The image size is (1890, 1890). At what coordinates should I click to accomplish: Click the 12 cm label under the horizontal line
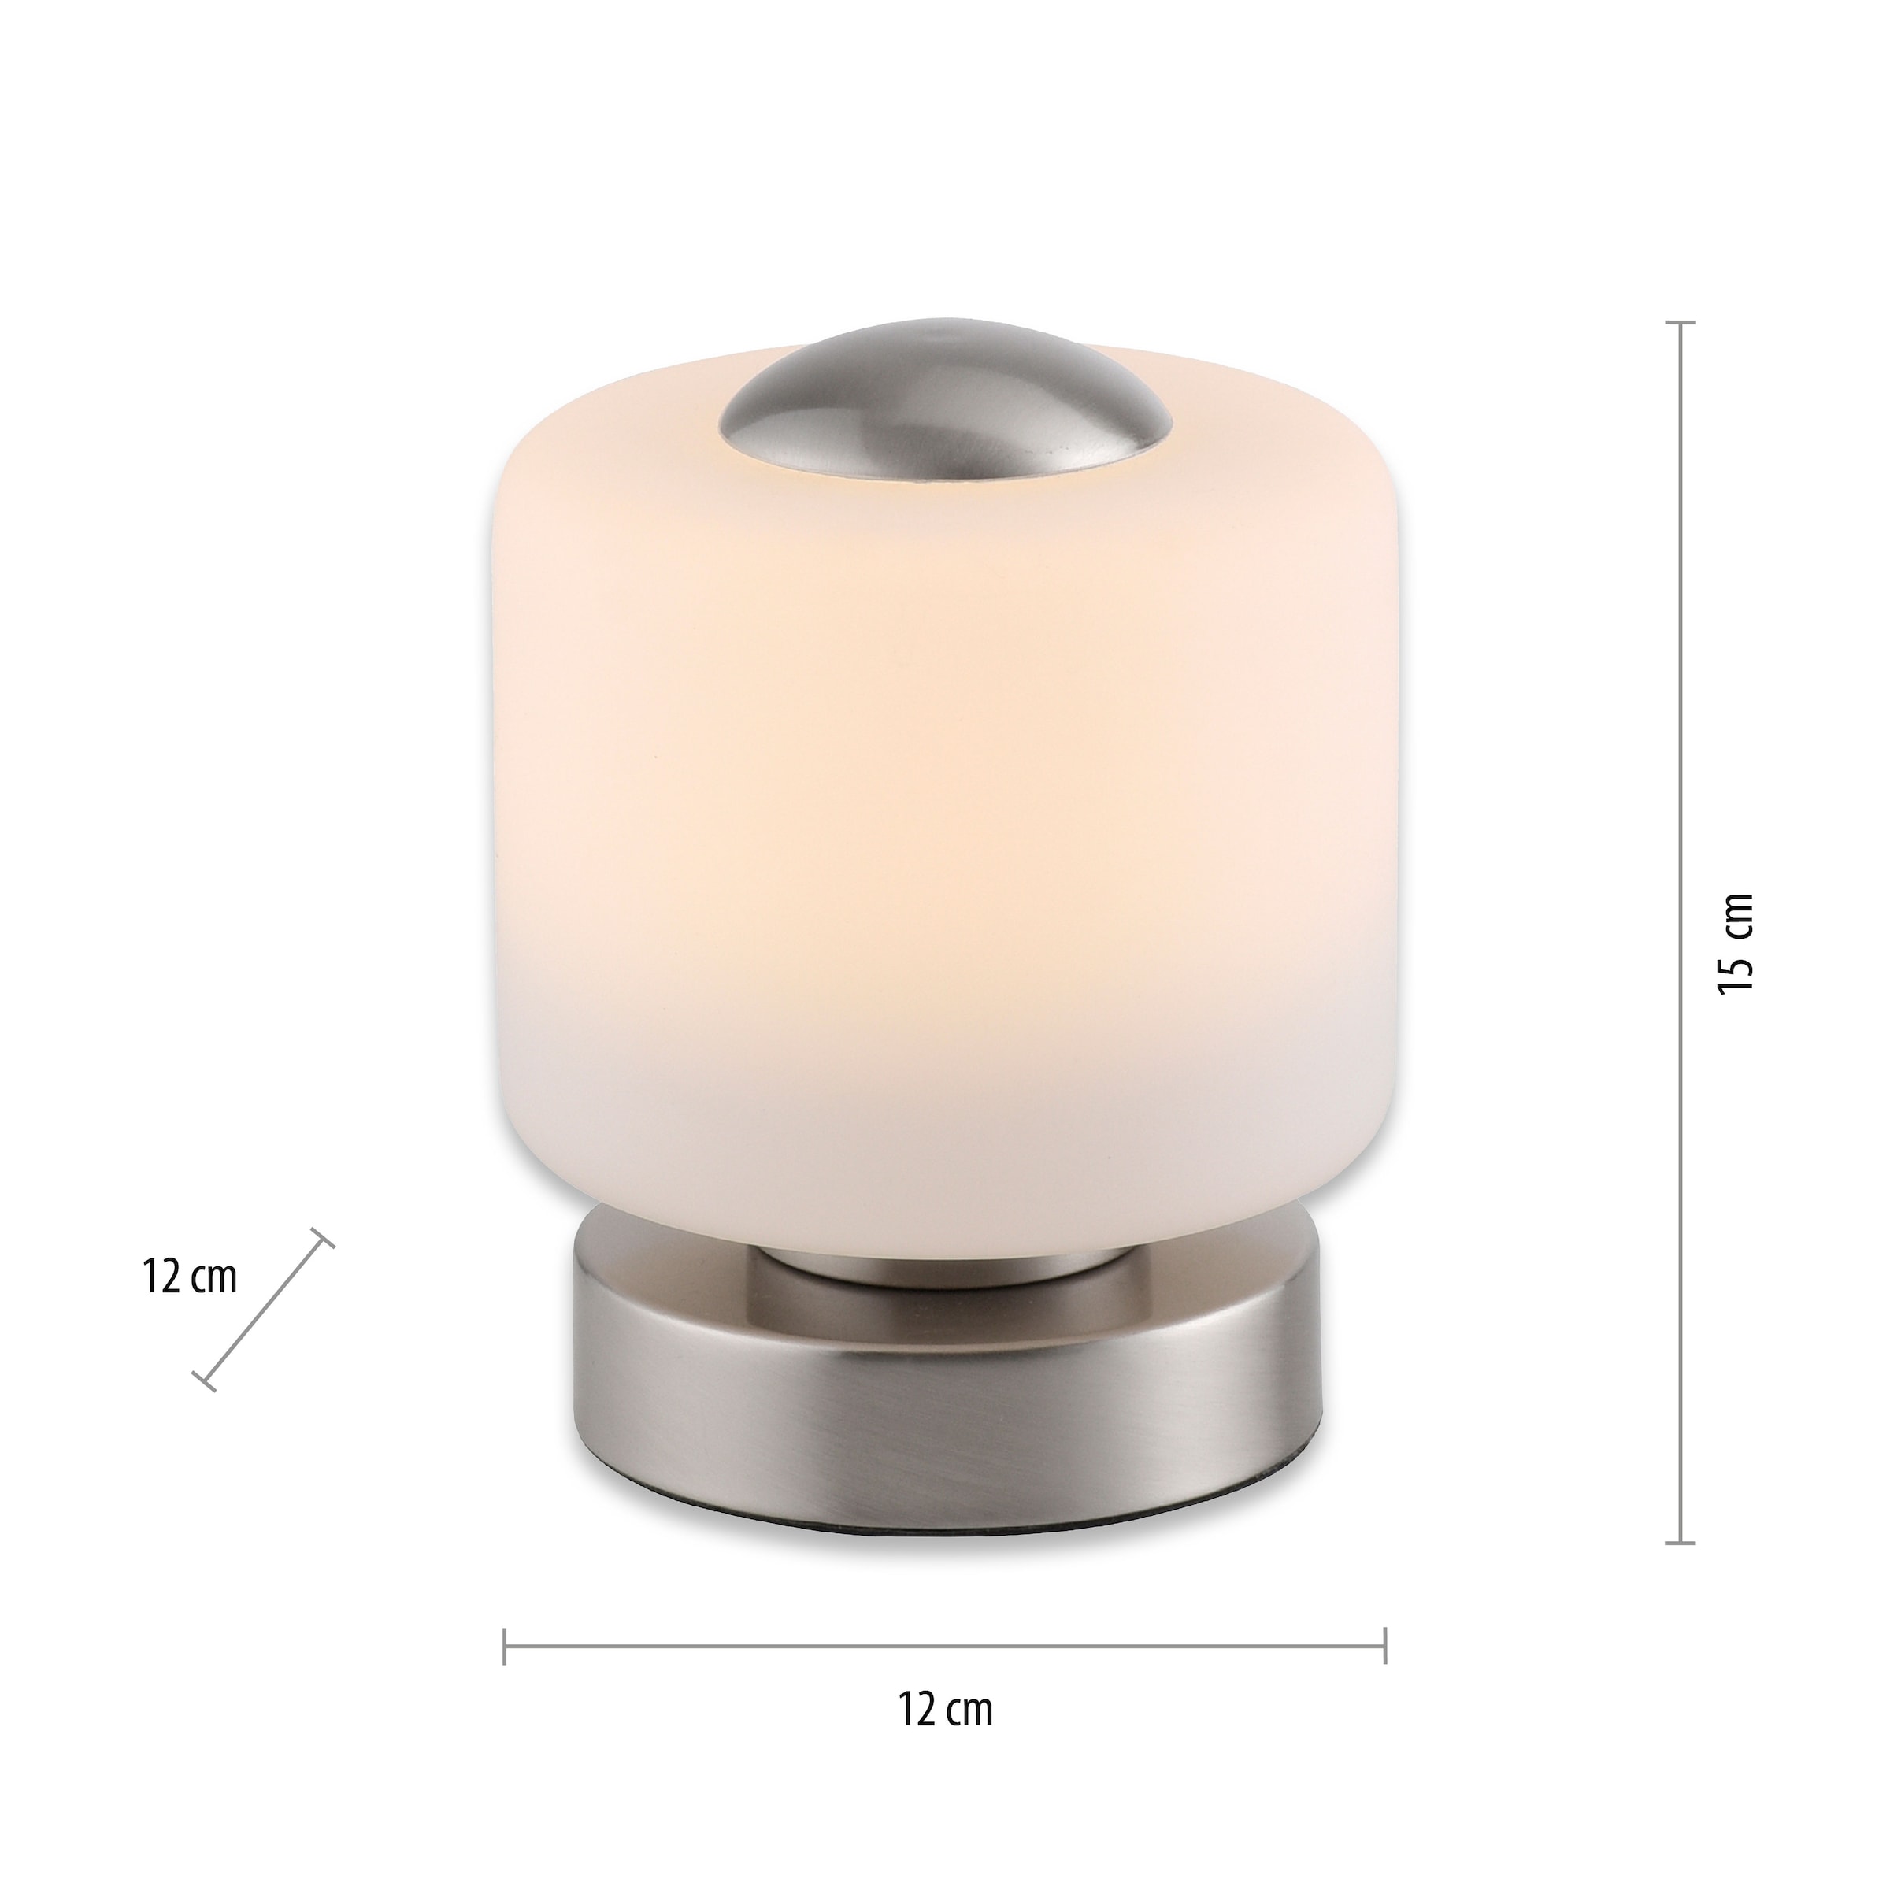pos(945,1736)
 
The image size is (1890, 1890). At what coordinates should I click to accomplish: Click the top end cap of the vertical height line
pos(1681,322)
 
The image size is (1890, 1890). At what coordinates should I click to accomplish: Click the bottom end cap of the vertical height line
pos(1681,1543)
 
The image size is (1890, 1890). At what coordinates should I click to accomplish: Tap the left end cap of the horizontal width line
pos(505,1647)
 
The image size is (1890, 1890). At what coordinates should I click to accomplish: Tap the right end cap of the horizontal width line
pos(1385,1647)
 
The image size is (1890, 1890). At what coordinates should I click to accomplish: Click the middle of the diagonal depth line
pos(263,1309)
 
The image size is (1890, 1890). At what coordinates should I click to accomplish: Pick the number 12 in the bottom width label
pos(917,1736)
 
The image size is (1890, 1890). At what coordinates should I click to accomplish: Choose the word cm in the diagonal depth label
pos(215,1280)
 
